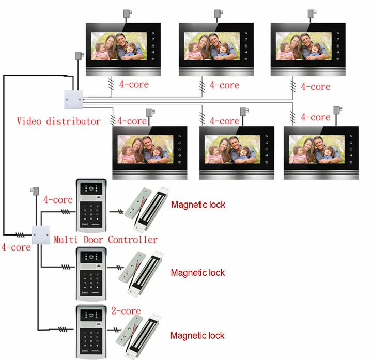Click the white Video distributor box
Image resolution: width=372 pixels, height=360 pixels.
(x=73, y=100)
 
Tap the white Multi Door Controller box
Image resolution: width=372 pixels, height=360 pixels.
(x=41, y=235)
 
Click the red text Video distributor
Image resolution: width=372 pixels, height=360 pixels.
(x=58, y=121)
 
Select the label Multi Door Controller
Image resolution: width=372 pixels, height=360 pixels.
(x=105, y=240)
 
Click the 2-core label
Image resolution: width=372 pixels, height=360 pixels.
(x=126, y=310)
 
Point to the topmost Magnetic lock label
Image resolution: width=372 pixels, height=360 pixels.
(x=198, y=205)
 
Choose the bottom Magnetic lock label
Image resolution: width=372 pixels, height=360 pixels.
(x=197, y=335)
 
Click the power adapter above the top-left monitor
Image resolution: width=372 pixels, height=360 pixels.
(x=128, y=13)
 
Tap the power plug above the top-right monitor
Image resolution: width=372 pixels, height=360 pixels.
(x=312, y=13)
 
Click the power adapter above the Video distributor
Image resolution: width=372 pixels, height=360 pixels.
(x=80, y=56)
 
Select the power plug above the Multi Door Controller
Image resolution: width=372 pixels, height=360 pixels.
(x=35, y=191)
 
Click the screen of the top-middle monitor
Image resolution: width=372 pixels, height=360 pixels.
(x=212, y=46)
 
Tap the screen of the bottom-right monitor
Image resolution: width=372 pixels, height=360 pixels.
(x=317, y=149)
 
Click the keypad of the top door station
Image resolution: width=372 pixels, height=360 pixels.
(x=91, y=214)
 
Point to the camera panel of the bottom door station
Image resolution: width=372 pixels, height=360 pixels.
(x=91, y=316)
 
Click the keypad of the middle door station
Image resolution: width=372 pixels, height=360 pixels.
(x=91, y=283)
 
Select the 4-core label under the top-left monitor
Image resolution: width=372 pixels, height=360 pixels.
(x=134, y=84)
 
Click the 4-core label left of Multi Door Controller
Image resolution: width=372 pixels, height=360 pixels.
(x=16, y=247)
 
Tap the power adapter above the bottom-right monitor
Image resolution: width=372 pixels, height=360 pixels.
(x=337, y=111)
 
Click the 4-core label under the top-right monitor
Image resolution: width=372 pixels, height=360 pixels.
(x=316, y=87)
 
